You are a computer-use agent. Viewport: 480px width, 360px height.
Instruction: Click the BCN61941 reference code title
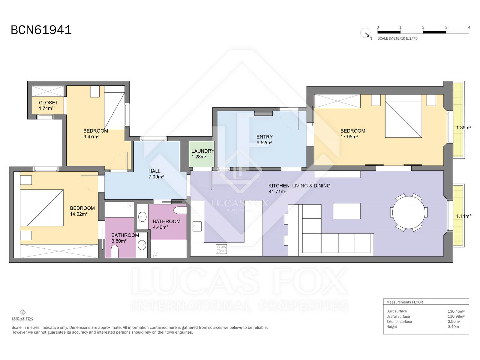[41, 30]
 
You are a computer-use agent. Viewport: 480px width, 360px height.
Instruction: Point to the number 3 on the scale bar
[446, 27]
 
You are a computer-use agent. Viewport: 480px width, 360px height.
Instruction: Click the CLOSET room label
[48, 103]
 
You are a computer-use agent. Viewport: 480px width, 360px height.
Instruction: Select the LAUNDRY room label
[203, 151]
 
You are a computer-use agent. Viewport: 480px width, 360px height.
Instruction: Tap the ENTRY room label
[264, 137]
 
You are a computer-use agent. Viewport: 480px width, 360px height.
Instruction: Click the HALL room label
[154, 171]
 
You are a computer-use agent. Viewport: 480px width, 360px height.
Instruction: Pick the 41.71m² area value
[277, 191]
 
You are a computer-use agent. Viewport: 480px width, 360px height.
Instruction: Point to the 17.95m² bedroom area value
[349, 136]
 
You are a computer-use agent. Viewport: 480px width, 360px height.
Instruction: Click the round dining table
[409, 212]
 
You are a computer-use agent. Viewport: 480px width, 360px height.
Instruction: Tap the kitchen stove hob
[221, 249]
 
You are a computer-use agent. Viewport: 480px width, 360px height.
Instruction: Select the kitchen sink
[197, 226]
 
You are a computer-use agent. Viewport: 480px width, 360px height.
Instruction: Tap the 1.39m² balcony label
[463, 128]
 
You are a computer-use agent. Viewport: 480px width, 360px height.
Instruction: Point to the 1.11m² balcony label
[463, 216]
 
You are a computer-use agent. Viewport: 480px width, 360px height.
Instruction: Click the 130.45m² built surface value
[456, 311]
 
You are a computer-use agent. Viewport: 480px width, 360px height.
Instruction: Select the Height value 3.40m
[453, 327]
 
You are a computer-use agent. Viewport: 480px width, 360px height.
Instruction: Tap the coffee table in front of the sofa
[347, 211]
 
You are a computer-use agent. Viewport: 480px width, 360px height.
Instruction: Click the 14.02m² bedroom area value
[79, 214]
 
